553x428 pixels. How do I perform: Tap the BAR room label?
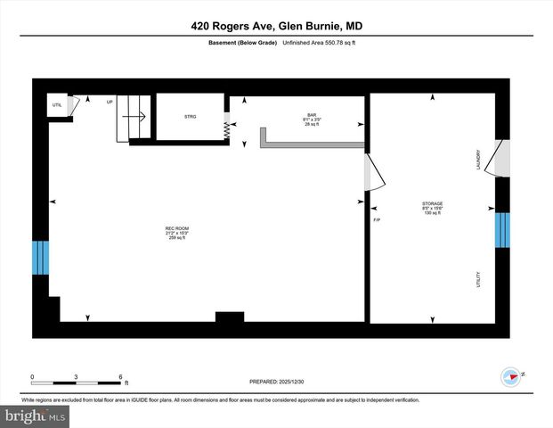pyautogui.click(x=312, y=115)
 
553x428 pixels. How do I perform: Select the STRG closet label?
pyautogui.click(x=190, y=116)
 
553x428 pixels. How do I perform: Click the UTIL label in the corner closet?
pyautogui.click(x=57, y=105)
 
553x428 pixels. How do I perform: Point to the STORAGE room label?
pyautogui.click(x=432, y=204)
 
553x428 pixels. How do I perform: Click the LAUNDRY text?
pyautogui.click(x=478, y=160)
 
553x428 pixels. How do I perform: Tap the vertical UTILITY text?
pyautogui.click(x=478, y=280)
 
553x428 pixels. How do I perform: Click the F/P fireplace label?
pyautogui.click(x=376, y=219)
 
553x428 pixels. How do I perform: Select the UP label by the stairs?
pyautogui.click(x=110, y=102)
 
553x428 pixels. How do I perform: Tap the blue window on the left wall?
pyautogui.click(x=40, y=258)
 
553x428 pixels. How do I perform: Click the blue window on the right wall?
pyautogui.click(x=503, y=230)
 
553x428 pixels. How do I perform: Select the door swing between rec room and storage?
pyautogui.click(x=374, y=174)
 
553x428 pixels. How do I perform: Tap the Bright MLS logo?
pyautogui.click(x=34, y=416)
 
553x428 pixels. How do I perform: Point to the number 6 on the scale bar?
pyautogui.click(x=119, y=376)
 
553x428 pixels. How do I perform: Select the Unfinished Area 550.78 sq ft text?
pyautogui.click(x=320, y=42)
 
